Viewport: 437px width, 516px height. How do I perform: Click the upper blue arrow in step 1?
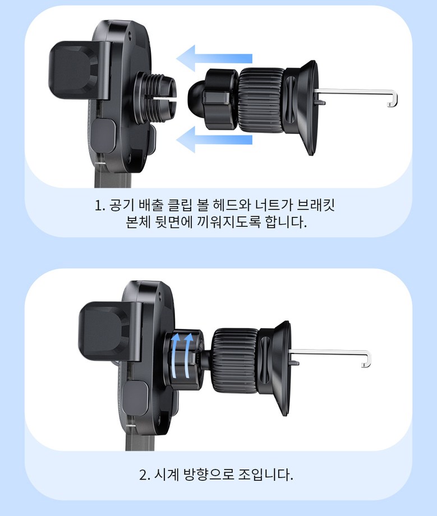click(x=214, y=59)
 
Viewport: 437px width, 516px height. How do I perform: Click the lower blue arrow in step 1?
click(x=214, y=140)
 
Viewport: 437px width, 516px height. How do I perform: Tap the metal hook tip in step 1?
click(x=390, y=105)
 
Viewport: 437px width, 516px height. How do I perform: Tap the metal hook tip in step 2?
click(x=364, y=365)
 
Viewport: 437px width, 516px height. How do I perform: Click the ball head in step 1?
click(x=196, y=97)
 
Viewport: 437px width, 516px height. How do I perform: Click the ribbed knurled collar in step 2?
click(x=235, y=360)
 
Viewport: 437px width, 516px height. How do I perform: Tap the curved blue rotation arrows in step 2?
click(x=181, y=355)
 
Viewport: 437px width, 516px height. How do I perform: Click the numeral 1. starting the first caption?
click(x=99, y=206)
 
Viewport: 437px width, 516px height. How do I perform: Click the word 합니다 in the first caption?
click(x=286, y=222)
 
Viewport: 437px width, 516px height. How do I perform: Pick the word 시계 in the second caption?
click(x=167, y=475)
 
